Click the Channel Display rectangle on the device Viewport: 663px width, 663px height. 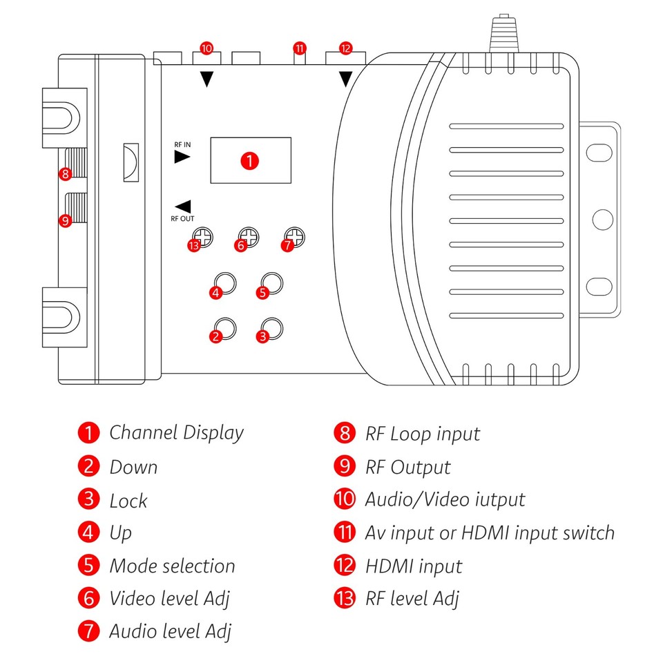(x=251, y=160)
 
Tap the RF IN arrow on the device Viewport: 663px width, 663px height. (x=182, y=157)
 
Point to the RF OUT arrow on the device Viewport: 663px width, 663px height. (x=183, y=206)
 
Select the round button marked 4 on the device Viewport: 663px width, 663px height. (x=226, y=284)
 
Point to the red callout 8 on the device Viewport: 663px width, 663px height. (x=66, y=174)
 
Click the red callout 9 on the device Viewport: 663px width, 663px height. (x=66, y=222)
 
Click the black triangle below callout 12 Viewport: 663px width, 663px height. (x=345, y=79)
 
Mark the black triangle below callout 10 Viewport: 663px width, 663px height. (x=206, y=79)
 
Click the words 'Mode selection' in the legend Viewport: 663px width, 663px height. (x=172, y=566)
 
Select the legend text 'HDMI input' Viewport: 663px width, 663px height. (x=413, y=566)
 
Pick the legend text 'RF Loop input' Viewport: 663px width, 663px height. (x=422, y=434)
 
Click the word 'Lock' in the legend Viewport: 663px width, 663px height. (x=128, y=500)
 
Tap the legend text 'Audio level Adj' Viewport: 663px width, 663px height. (x=170, y=631)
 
